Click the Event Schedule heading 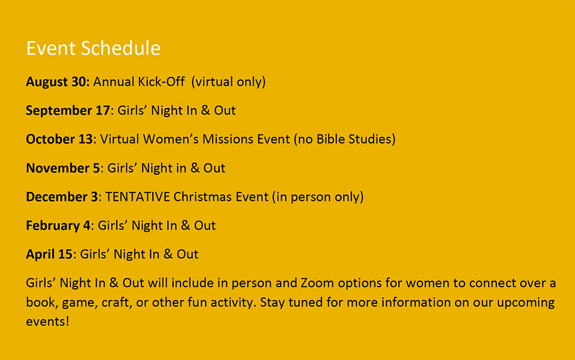pos(93,48)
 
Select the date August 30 pos(56,82)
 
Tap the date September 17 pos(68,110)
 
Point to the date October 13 pos(59,139)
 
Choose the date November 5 pos(63,168)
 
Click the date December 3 pos(62,197)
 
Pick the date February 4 pos(58,225)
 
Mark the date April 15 pos(49,254)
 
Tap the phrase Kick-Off pos(162,82)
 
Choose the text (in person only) pos(317,197)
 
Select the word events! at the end pos(48,321)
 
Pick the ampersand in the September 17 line pos(206,110)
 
